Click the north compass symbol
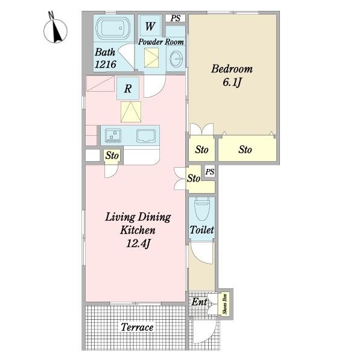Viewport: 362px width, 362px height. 56,30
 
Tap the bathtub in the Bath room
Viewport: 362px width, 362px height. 113,28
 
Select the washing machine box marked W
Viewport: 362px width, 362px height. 150,26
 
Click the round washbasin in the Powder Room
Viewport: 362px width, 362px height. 176,58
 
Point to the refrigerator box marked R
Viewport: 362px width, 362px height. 128,88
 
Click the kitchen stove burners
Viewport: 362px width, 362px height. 113,136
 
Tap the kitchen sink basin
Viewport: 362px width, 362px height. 146,136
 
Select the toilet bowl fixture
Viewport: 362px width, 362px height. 202,209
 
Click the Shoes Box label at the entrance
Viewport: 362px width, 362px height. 225,303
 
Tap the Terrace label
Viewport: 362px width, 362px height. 137,327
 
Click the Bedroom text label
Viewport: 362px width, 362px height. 232,69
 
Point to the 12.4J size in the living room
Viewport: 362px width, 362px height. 138,243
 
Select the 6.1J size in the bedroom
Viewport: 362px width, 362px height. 232,82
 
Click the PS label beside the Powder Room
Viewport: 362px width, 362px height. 176,18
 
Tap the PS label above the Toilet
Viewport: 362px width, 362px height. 210,172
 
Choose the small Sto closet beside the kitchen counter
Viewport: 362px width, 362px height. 112,156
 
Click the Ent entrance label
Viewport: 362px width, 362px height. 200,302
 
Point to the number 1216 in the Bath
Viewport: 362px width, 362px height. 105,64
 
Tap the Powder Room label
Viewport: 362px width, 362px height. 161,42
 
